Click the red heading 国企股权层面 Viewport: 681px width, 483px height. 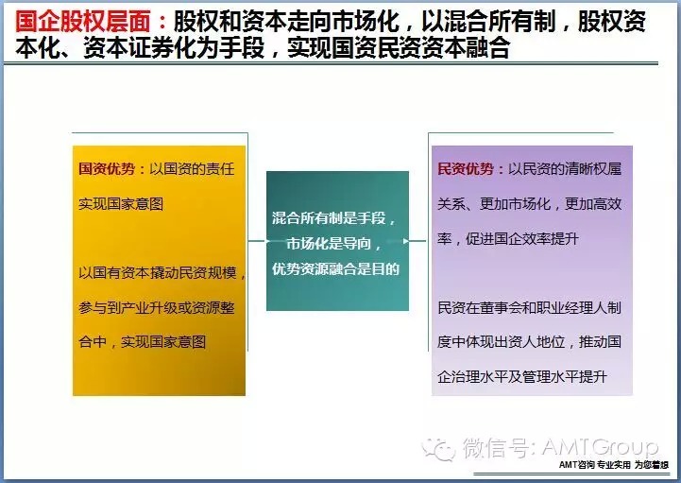(82, 22)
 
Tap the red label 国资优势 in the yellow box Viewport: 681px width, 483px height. (107, 168)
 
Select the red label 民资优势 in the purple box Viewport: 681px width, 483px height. (465, 168)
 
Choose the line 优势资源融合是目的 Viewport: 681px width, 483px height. (335, 269)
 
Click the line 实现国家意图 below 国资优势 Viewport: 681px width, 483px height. (121, 204)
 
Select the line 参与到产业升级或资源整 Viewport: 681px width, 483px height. (157, 308)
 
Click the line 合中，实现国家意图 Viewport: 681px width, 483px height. (142, 342)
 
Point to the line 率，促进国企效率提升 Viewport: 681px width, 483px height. (508, 239)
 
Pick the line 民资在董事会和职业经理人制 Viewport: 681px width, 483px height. (529, 308)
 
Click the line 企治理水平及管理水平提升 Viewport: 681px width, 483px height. (521, 376)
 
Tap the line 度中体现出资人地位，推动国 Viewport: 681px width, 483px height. (529, 342)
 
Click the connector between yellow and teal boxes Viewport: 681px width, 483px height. (257, 240)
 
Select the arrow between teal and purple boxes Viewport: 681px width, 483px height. (417, 240)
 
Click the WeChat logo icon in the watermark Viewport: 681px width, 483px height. (438, 448)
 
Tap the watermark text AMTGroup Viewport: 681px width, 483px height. (601, 447)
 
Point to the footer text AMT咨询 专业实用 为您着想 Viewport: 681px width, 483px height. (614, 465)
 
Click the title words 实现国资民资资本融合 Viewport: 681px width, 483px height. (399, 48)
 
